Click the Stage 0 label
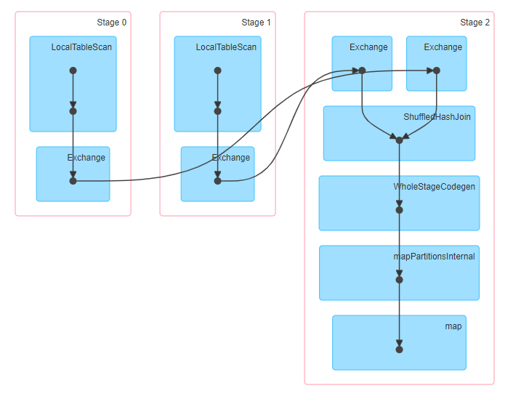pos(111,23)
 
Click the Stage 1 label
pos(256,23)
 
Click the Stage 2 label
pos(475,23)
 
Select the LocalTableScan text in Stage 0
pos(81,48)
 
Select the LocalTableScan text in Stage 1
pos(226,48)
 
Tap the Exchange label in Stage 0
pos(86,158)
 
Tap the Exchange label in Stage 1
pos(230,158)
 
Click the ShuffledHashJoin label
pos(437,117)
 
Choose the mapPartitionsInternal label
pos(434,257)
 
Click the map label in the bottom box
pos(453,326)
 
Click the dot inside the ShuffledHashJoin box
pos(399,140)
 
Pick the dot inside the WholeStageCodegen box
pos(399,210)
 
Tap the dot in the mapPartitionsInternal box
pos(399,280)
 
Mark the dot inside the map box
pos(399,350)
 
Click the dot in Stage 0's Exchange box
pos(73,181)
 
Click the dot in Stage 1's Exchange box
pos(217,181)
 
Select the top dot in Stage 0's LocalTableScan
pos(73,70)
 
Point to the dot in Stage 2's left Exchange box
pos(362,70)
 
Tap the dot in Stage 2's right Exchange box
pos(436,70)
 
